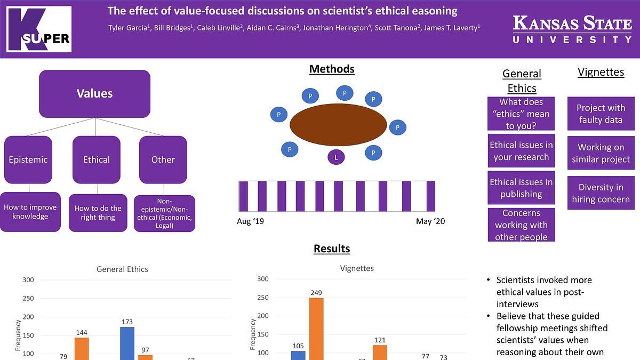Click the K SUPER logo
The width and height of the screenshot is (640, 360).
coord(39,29)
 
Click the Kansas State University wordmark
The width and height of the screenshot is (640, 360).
coord(572,29)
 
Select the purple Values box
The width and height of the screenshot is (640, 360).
coord(94,94)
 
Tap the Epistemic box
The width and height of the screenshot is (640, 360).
coord(28,159)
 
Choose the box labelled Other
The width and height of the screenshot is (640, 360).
coord(163,159)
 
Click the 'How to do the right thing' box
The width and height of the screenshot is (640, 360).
coord(98,213)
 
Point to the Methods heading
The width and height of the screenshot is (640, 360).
coord(332,69)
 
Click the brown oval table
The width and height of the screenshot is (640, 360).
coord(338,125)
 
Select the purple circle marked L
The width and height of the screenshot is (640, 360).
coord(336,157)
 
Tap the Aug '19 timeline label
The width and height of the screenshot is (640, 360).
coord(250,221)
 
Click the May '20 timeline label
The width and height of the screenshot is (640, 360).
coord(430,221)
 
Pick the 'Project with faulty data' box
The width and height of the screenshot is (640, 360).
coord(601,114)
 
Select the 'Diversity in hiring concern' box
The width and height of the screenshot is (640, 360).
coord(601,193)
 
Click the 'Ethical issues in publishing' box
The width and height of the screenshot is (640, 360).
coord(521,188)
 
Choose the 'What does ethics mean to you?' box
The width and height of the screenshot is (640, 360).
coord(521,114)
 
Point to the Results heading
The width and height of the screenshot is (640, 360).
coord(332,249)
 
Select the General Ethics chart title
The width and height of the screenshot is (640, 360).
coord(122,269)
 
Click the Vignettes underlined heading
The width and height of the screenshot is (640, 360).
coord(601,72)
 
